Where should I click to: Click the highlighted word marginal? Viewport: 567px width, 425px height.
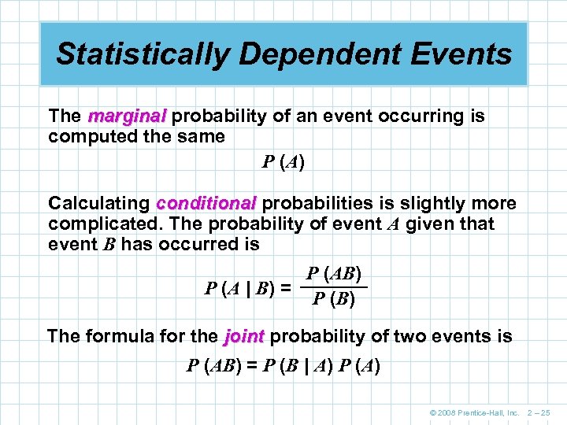click(x=127, y=116)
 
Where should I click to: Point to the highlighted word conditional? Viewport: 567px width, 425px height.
click(x=206, y=204)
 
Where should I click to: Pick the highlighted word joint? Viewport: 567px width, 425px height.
click(x=243, y=337)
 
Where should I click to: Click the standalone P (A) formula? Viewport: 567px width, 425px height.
click(x=283, y=163)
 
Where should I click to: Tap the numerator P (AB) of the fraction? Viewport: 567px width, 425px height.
click(x=334, y=274)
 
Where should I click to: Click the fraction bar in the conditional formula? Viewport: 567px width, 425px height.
click(x=334, y=286)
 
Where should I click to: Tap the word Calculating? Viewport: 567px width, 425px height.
click(x=98, y=204)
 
